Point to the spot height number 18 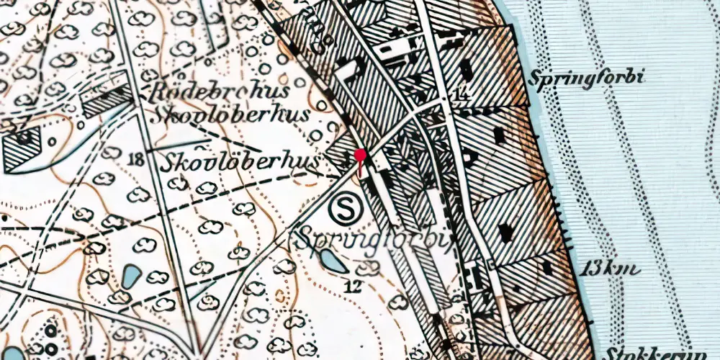click(135, 159)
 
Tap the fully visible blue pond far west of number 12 click(131, 276)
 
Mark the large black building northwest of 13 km click(506, 232)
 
